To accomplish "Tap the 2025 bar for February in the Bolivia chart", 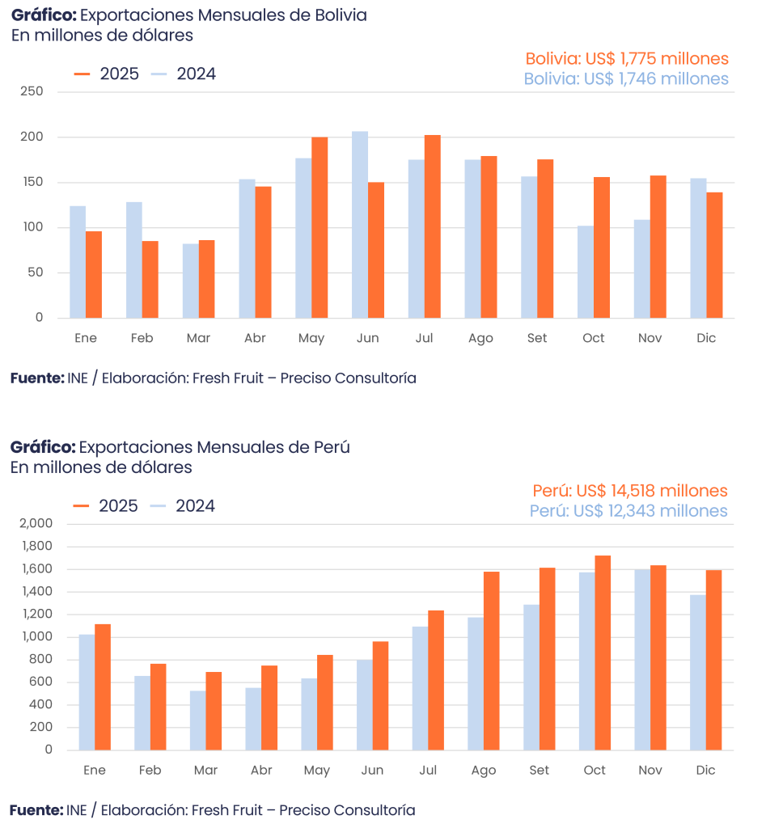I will (150, 279).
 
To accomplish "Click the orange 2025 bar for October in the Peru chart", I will (603, 653).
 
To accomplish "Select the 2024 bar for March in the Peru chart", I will (197, 720).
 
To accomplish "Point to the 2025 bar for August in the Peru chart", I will (491, 661).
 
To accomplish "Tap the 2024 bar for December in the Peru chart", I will (698, 672).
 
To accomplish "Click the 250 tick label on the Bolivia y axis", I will (32, 92).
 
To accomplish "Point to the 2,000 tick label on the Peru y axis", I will (36, 524).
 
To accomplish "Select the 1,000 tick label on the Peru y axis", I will (36, 637).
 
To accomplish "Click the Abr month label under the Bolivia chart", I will (255, 338).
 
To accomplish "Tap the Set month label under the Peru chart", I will (539, 771).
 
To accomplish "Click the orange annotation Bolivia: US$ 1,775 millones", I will (627, 59).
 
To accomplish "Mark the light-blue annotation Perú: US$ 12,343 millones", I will (628, 511).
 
